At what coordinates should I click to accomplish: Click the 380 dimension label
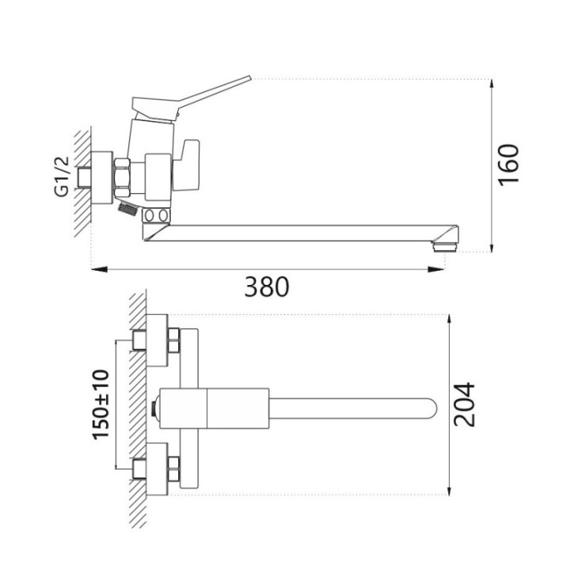(x=267, y=287)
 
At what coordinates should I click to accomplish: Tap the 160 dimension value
(x=508, y=165)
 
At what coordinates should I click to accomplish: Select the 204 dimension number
(x=464, y=405)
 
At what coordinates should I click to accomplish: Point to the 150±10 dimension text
(x=101, y=405)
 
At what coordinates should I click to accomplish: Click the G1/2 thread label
(x=62, y=177)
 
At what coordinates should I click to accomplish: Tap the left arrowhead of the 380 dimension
(x=99, y=269)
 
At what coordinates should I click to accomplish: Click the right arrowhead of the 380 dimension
(x=435, y=269)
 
